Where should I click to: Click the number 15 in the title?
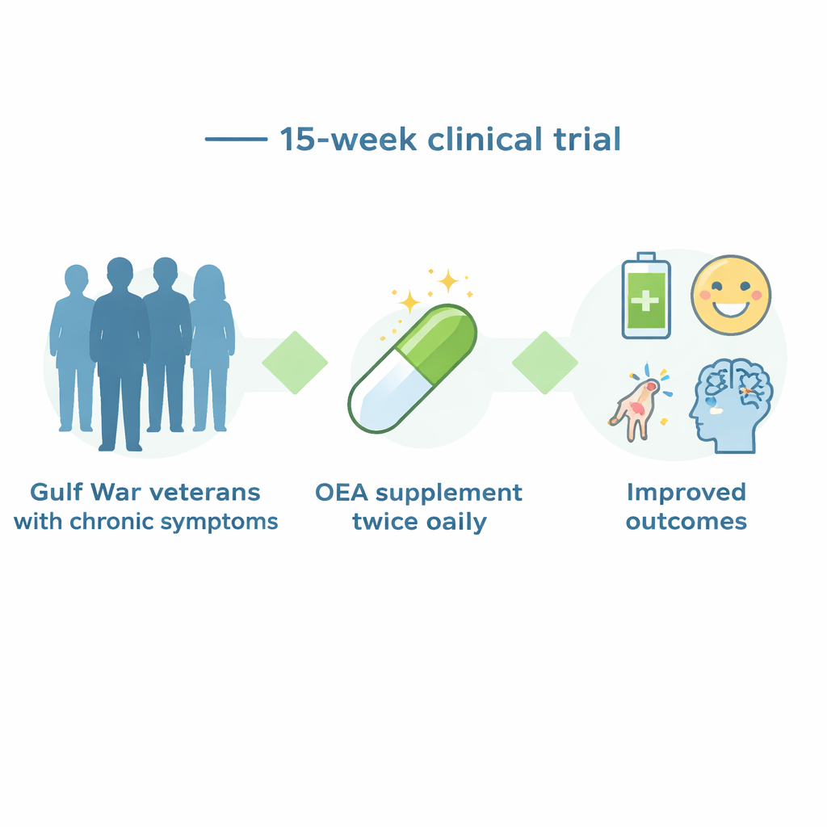pos(296,139)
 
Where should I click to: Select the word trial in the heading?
pos(587,139)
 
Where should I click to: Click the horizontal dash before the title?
pos(237,139)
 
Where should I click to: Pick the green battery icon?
pos(646,296)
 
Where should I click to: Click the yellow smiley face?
pos(731,295)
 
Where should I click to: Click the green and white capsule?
pos(412,368)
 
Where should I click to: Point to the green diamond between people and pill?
pos(295,363)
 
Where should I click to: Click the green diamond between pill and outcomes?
pos(545,363)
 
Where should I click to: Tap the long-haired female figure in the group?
pos(212,348)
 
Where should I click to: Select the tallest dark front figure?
pos(120,354)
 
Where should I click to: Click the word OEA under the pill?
pos(342,493)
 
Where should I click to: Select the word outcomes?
pos(686,522)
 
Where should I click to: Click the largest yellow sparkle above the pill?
pos(448,280)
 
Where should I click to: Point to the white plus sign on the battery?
pos(645,301)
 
